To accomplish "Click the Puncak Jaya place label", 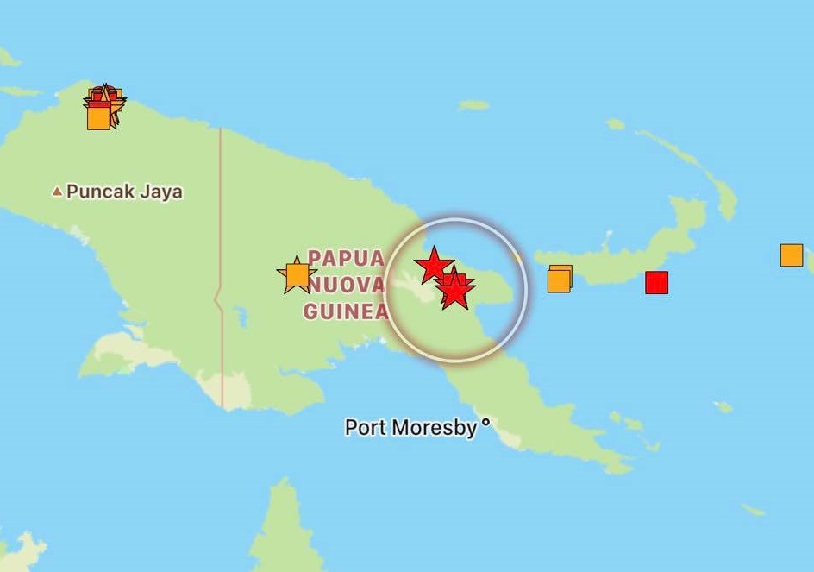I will (x=124, y=192).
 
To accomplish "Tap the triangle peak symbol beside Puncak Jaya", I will (x=57, y=192).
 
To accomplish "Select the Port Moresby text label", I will (x=410, y=427).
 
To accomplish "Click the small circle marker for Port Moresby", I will (x=485, y=423).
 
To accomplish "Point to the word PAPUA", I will (x=346, y=259).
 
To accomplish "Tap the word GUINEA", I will (x=346, y=311).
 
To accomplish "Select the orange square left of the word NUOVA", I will (x=297, y=275).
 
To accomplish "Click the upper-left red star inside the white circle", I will (x=433, y=264).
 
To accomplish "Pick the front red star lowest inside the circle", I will (x=454, y=292).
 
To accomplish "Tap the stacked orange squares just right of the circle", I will (x=559, y=280).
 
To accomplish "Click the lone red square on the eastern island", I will (x=657, y=282).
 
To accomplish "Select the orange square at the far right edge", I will (x=791, y=255).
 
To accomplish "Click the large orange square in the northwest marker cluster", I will (x=99, y=117).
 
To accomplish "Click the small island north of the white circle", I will (x=473, y=105).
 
